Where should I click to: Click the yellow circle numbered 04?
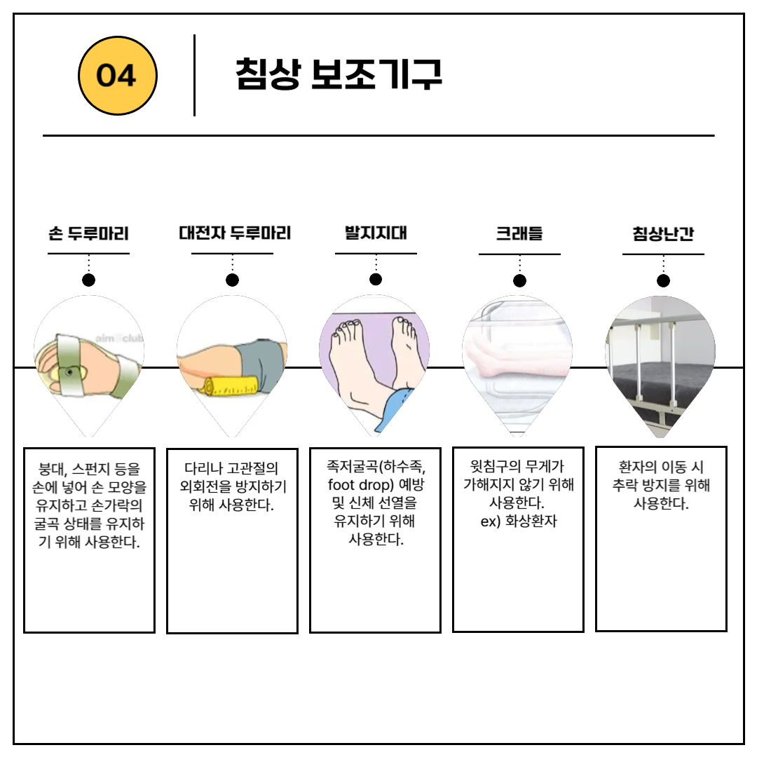(117, 76)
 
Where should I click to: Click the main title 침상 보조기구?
(339, 74)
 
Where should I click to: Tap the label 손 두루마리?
(88, 233)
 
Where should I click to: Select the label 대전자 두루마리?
(235, 233)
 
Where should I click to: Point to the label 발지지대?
(376, 233)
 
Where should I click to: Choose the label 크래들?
(519, 233)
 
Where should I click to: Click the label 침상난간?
(663, 233)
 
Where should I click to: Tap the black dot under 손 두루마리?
(88, 280)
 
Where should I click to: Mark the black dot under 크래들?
(519, 280)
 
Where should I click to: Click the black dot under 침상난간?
(663, 280)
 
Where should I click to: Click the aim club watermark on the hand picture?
(119, 339)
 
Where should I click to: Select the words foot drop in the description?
(359, 485)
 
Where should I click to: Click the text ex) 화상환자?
(519, 521)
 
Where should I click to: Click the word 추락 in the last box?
(625, 485)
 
